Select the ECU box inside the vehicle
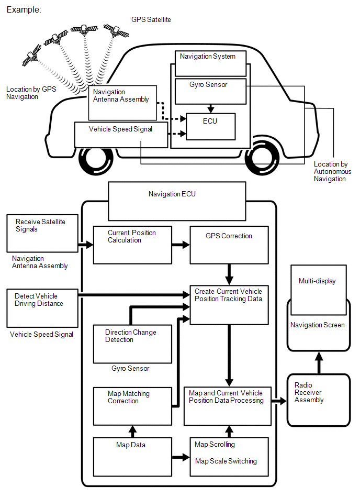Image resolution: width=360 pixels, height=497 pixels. pos(210,126)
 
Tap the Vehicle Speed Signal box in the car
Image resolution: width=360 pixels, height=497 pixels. pos(121,135)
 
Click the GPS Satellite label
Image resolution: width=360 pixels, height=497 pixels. pos(151,19)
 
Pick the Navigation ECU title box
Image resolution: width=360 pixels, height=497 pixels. pos(177,201)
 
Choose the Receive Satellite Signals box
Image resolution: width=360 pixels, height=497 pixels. pos(43,233)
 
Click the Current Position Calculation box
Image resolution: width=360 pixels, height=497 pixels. pos(132,245)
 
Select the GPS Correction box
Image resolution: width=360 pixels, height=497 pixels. pos(229,245)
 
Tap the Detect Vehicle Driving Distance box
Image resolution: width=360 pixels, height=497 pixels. pos(43,307)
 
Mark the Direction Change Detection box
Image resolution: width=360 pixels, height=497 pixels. pos(132,344)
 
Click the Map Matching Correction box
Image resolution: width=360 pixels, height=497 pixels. pos(132,405)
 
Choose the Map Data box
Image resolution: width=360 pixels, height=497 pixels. pos(132,456)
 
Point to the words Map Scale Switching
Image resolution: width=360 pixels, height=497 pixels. pos(226,461)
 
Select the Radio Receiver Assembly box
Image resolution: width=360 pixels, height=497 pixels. pos(318,400)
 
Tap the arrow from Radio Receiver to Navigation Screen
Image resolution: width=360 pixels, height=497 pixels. pos(318,362)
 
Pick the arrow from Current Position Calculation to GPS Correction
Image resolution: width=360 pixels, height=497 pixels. pos(181,245)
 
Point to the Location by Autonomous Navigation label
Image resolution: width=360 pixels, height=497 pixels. pos(332,172)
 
